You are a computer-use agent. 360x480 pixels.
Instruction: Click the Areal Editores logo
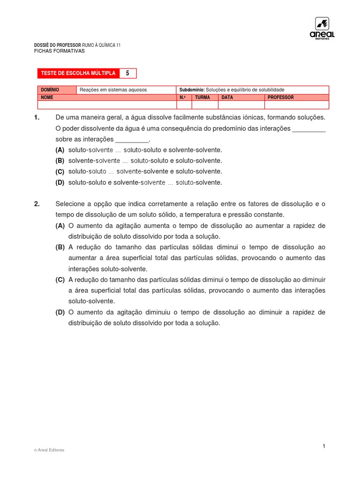point(322,29)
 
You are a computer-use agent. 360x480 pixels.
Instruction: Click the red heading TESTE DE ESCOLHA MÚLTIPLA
point(78,73)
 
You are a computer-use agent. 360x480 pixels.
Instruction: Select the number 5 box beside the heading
point(127,73)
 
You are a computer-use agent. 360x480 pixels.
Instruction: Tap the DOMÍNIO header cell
point(50,90)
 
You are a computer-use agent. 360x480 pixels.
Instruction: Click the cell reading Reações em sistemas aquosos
point(113,90)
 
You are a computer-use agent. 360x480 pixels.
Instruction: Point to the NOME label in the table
point(47,97)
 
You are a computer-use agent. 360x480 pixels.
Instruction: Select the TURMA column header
point(202,97)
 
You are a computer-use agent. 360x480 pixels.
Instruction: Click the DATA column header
point(227,97)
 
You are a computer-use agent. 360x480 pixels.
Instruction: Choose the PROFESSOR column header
point(280,97)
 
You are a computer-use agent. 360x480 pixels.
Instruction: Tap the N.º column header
point(183,97)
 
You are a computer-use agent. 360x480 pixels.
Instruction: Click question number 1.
point(37,117)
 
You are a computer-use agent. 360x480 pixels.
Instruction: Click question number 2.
point(37,204)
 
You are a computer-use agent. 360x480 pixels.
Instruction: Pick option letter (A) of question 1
point(60,150)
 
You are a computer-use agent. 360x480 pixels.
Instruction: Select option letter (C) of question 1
point(60,172)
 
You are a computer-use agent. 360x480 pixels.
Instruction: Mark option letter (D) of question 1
point(60,182)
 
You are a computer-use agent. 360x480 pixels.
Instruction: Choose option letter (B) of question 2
point(60,247)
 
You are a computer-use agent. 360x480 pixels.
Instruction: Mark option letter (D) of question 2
point(60,312)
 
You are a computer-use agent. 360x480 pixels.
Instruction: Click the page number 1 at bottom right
point(323,446)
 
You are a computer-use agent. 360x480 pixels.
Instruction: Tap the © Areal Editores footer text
point(49,450)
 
